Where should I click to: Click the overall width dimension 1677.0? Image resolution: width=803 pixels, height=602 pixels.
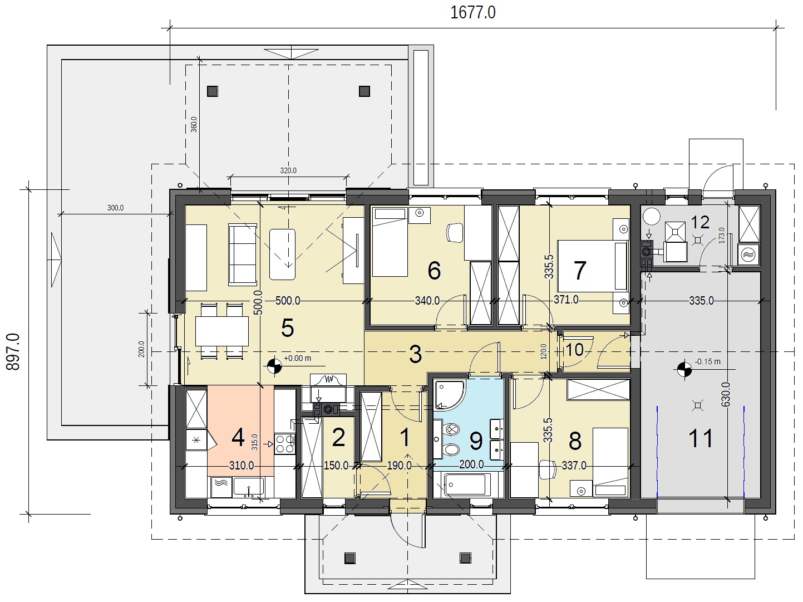[x=472, y=12]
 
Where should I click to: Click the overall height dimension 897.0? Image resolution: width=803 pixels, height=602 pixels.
[x=13, y=352]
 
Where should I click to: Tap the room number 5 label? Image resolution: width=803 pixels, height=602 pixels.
[x=288, y=328]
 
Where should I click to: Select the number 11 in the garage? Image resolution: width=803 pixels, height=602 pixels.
[x=701, y=438]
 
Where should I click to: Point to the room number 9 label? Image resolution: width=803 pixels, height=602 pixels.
[x=476, y=441]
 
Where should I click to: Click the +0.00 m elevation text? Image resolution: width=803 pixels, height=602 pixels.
[x=297, y=358]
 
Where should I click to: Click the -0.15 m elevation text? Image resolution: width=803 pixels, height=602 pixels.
[x=707, y=361]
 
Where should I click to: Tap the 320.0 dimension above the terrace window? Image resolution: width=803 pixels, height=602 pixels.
[x=288, y=170]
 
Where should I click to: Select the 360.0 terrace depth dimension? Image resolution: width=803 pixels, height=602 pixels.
[x=194, y=124]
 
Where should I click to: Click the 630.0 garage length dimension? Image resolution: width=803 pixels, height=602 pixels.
[x=726, y=394]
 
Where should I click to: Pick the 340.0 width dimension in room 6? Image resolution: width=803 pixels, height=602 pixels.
[x=427, y=301]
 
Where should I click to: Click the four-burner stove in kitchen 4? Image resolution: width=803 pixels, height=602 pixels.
[x=284, y=443]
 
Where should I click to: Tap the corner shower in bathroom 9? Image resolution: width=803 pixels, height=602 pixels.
[x=449, y=394]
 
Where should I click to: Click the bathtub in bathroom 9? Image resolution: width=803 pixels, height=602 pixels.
[x=467, y=484]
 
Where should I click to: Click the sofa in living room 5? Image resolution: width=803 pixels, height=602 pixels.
[x=242, y=254]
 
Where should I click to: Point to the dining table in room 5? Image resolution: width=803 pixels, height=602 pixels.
[x=221, y=331]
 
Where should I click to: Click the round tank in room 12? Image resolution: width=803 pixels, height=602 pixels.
[x=652, y=216]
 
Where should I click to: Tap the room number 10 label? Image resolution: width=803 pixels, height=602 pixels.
[x=574, y=350]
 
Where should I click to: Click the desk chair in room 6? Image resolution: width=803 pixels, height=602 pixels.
[x=455, y=233]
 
